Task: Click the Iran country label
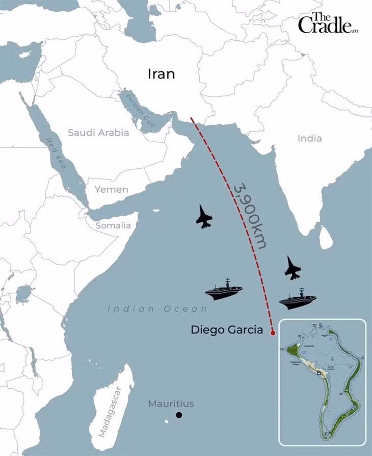pos(161,74)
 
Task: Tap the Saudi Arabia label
pos(98,133)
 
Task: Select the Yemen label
pos(111,189)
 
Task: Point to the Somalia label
pos(114,225)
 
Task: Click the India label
pos(309,138)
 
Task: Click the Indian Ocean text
pos(157,309)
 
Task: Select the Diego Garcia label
pos(227,330)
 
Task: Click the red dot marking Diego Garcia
pos(273,333)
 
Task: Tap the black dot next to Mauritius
pos(179,415)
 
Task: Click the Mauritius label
pos(171,404)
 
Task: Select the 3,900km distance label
pos(250,216)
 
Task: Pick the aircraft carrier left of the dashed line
pos(224,290)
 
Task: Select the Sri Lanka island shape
pos(326,237)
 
